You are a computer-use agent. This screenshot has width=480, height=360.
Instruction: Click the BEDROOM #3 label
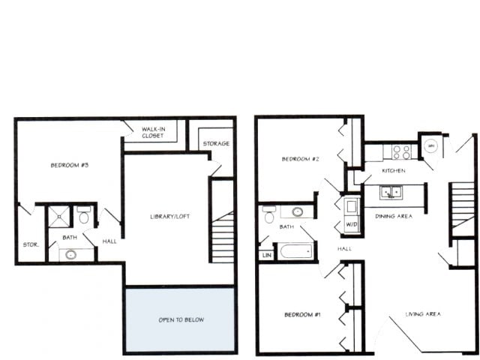click(70, 165)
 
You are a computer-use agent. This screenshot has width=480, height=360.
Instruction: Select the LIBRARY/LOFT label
click(169, 216)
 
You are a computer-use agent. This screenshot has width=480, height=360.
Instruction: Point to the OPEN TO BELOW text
click(181, 319)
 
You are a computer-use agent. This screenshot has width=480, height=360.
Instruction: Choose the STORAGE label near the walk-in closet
click(216, 143)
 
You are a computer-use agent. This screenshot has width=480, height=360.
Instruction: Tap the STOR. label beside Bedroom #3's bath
click(30, 244)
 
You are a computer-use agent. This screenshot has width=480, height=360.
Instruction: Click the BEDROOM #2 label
click(301, 159)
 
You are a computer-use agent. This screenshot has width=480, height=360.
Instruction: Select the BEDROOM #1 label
click(302, 314)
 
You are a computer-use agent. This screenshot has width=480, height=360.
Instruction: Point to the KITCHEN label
click(394, 171)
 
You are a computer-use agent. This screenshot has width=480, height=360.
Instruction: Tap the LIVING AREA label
click(423, 314)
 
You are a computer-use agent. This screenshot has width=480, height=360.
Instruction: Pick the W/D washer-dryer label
click(351, 224)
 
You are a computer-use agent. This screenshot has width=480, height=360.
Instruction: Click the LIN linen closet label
click(266, 255)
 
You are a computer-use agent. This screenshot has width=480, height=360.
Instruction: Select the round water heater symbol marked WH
click(431, 146)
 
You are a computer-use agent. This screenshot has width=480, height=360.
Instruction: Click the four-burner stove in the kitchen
click(401, 151)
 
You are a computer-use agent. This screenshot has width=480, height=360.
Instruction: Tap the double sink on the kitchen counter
click(390, 192)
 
